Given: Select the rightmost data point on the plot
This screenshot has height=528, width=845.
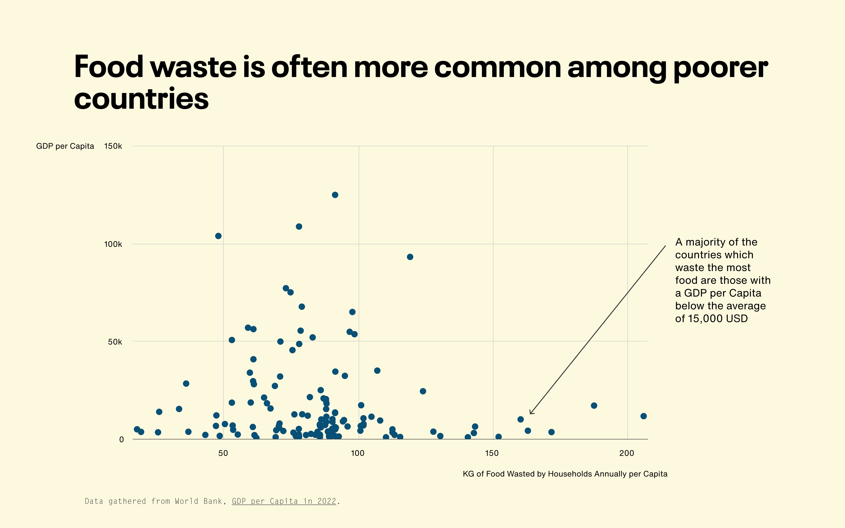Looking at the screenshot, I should point(643,416).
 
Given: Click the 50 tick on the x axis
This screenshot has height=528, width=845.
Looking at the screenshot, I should point(223,453).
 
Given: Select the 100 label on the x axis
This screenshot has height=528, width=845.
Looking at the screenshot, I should point(358,453).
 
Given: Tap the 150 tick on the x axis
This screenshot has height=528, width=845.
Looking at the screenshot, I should point(492,453).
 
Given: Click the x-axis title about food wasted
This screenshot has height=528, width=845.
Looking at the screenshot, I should point(565,474).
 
